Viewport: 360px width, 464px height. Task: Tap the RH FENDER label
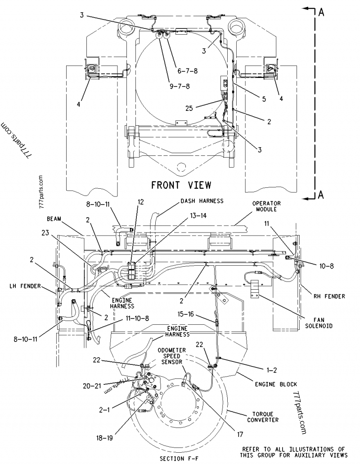click(x=329, y=296)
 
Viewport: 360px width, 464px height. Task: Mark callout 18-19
click(x=104, y=437)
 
